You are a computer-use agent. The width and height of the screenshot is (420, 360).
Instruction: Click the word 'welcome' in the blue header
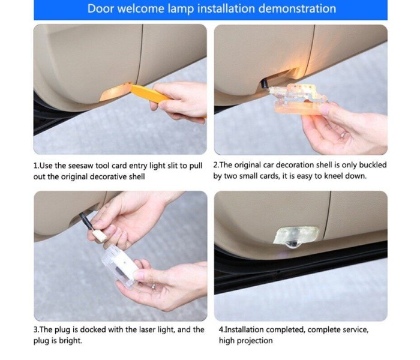(141, 8)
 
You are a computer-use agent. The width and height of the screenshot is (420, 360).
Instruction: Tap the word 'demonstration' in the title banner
(298, 8)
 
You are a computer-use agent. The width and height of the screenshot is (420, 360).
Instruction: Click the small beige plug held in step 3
(100, 235)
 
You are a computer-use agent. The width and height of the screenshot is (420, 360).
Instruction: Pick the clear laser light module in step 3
(121, 265)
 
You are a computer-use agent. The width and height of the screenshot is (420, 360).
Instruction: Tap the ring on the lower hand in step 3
(154, 286)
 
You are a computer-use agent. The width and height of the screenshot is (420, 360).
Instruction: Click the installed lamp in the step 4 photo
(296, 236)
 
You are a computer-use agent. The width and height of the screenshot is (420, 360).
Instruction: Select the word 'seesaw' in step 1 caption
(81, 166)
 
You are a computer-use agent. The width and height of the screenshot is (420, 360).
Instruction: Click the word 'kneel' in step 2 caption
(334, 176)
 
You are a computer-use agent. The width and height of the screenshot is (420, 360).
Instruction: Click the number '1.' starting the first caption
(37, 166)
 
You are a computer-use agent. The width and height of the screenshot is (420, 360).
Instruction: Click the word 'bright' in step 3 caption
(71, 341)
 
